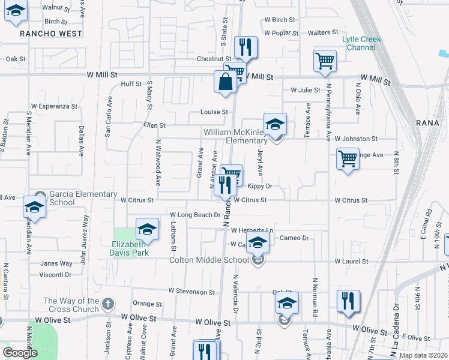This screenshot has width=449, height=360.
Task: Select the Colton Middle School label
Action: [209, 260]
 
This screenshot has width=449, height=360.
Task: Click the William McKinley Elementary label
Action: [235, 136]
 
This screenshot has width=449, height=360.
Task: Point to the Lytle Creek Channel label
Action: [362, 43]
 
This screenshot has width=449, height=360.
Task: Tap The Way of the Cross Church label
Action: [70, 305]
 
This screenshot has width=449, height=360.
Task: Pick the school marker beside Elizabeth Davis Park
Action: [146, 229]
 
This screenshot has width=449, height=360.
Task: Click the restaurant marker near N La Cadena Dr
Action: [348, 301]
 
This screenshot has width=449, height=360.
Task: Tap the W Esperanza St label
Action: [55, 106]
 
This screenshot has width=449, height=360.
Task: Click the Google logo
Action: [20, 353]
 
